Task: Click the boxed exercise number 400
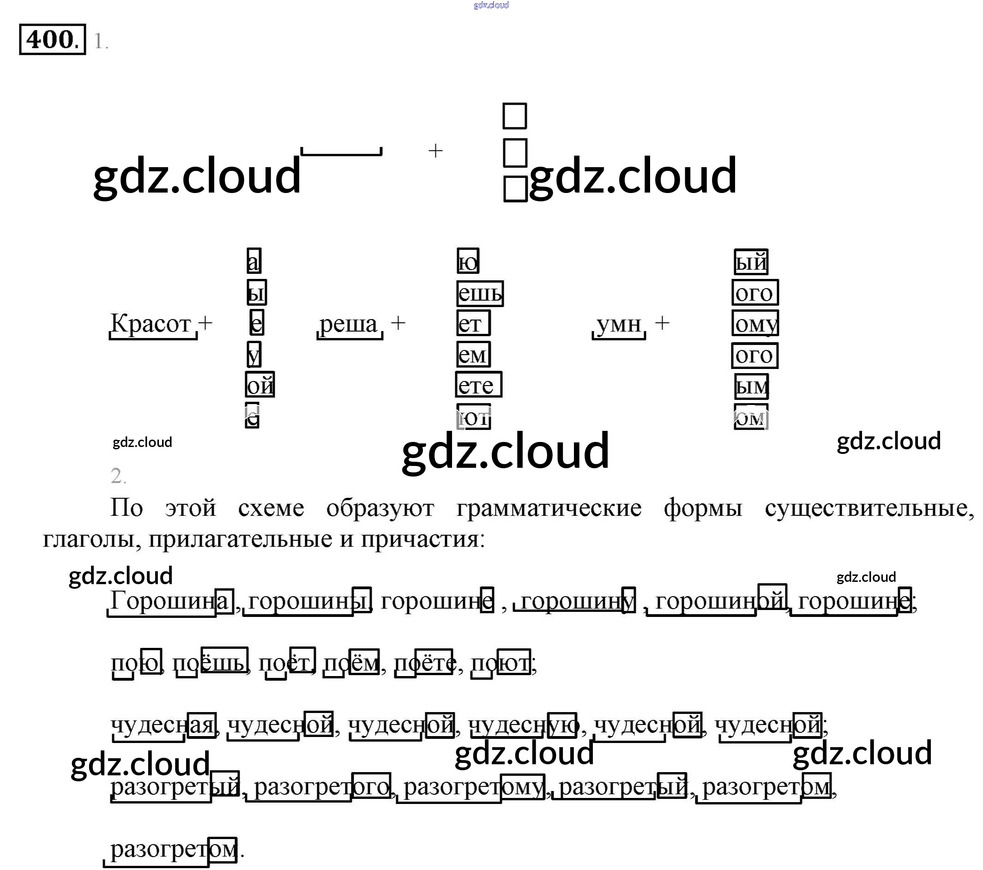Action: click(52, 39)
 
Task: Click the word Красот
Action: click(151, 324)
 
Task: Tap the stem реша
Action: click(349, 324)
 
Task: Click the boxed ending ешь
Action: click(479, 293)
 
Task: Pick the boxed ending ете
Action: click(478, 385)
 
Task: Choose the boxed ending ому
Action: click(755, 324)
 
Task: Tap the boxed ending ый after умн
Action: click(751, 262)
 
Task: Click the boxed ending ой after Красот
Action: click(260, 385)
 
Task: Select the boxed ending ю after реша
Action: click(468, 262)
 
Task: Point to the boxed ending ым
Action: click(751, 386)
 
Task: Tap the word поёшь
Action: click(210, 663)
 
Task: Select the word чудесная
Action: click(163, 725)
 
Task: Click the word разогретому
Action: click(474, 787)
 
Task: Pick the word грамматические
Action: click(549, 508)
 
